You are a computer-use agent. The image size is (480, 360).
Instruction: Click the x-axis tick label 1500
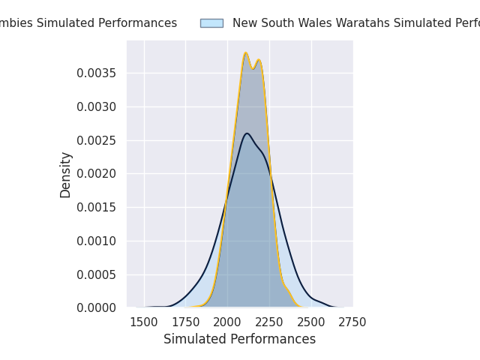tap(144, 322)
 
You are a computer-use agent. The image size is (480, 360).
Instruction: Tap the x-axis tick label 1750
tap(186, 322)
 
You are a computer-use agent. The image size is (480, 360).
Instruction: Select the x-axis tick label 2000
tap(227, 322)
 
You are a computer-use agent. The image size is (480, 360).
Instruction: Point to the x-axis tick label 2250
tap(269, 322)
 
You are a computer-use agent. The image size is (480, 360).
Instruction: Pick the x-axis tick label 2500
tap(310, 322)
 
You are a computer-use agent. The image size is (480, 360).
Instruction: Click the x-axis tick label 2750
tap(352, 322)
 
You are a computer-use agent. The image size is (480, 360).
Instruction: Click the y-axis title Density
tap(66, 174)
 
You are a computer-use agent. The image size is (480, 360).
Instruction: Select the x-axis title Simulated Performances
tap(239, 339)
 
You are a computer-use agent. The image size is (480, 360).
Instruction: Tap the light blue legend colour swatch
tap(211, 23)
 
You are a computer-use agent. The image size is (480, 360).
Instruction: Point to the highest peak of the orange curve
tap(245, 53)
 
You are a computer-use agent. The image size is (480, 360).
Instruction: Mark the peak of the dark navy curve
tap(247, 133)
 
